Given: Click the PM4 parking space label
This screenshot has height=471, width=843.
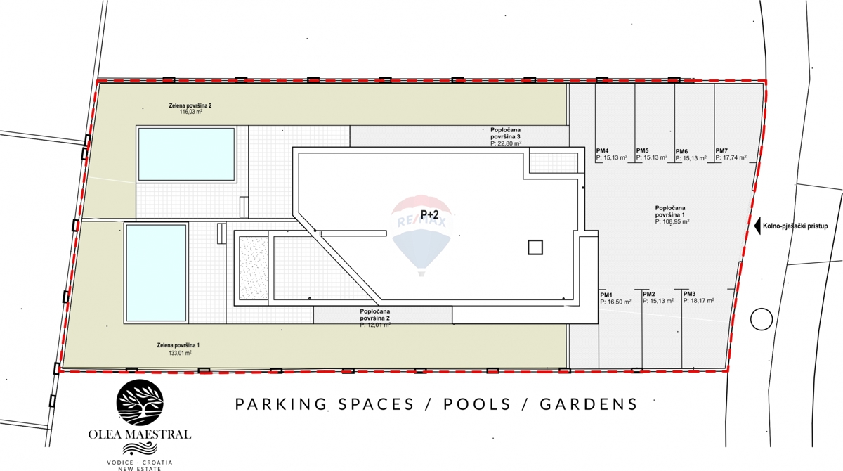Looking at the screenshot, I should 602,150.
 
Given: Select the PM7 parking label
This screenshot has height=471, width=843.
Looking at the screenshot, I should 721,150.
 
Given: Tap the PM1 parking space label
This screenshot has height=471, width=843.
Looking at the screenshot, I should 606,294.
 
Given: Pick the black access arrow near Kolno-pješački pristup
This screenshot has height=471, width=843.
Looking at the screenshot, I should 757,226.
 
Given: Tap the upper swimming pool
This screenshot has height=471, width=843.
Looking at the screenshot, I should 186,153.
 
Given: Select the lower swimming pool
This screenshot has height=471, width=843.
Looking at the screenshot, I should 156,272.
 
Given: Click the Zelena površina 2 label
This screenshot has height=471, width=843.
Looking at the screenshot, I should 190,105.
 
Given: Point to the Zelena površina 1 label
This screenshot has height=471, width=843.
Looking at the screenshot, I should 179,345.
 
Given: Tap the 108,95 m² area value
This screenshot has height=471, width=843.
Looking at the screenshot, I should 672,221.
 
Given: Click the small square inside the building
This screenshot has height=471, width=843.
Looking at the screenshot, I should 535,247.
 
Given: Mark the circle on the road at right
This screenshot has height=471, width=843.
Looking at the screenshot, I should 760,320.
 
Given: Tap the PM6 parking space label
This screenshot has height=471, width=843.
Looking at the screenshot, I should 681,151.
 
